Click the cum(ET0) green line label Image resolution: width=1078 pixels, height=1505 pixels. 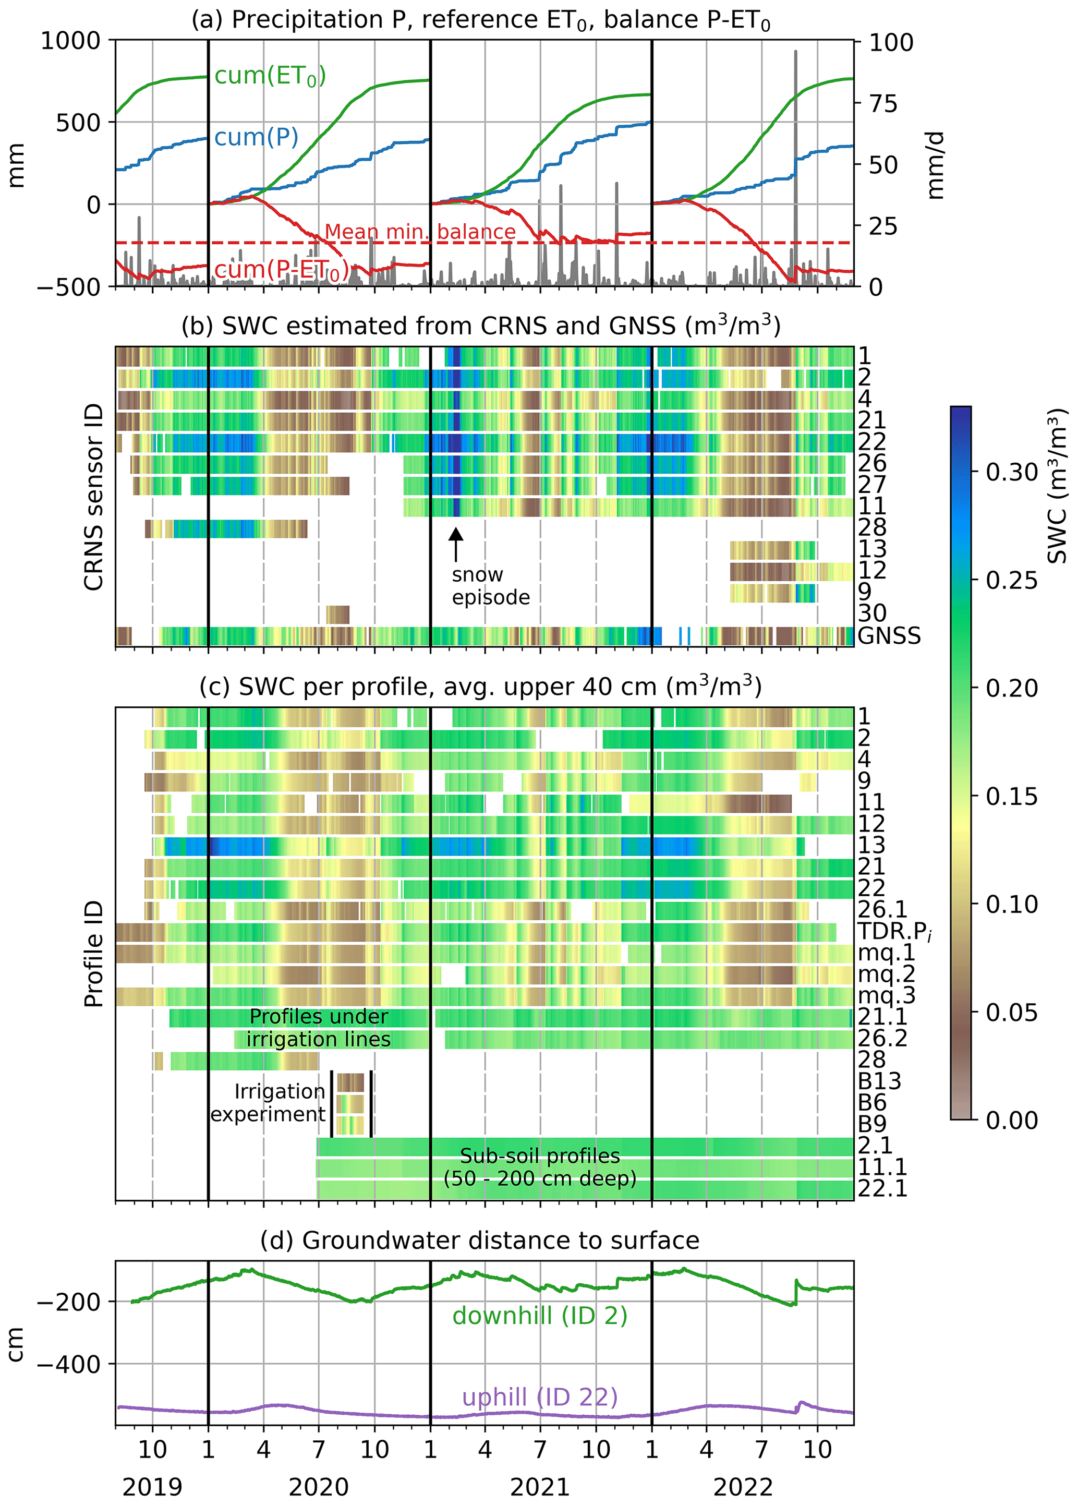pyautogui.click(x=269, y=76)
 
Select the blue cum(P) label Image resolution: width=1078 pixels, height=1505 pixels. pyautogui.click(x=256, y=137)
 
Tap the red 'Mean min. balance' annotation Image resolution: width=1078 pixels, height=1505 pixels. pyautogui.click(x=419, y=232)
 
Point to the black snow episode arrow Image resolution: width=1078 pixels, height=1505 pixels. pyautogui.click(x=455, y=544)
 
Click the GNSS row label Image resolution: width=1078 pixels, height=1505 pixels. pyautogui.click(x=889, y=636)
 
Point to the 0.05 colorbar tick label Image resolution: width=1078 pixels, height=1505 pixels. pyautogui.click(x=1011, y=1012)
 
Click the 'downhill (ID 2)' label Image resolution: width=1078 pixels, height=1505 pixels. pyautogui.click(x=539, y=1315)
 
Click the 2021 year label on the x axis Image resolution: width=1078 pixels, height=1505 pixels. pyautogui.click(x=539, y=1487)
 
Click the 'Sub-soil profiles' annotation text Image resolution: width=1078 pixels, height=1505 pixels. pyautogui.click(x=539, y=1156)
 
